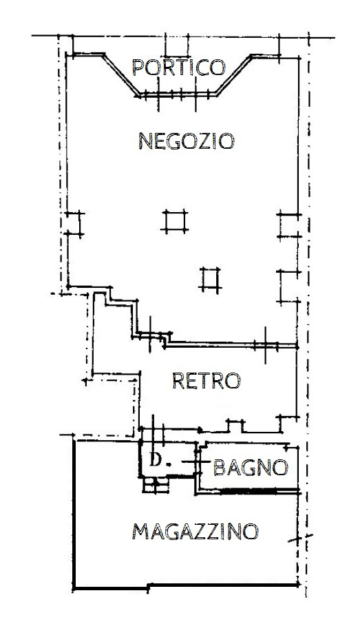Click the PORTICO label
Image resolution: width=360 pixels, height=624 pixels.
click(x=178, y=67)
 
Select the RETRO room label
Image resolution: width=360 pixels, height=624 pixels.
click(x=206, y=380)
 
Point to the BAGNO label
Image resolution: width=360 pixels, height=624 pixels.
click(x=249, y=468)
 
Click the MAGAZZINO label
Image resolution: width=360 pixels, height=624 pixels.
click(x=195, y=532)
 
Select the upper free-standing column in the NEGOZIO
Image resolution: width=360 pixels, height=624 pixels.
click(x=175, y=220)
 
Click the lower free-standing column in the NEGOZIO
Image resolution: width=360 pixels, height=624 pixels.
click(x=209, y=278)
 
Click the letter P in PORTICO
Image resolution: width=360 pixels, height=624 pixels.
click(x=138, y=67)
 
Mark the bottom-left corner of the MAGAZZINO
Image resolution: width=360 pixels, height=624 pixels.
click(x=74, y=589)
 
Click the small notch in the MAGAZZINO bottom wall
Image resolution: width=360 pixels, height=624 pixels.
click(x=148, y=587)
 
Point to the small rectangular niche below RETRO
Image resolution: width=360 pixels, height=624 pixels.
click(x=236, y=424)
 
